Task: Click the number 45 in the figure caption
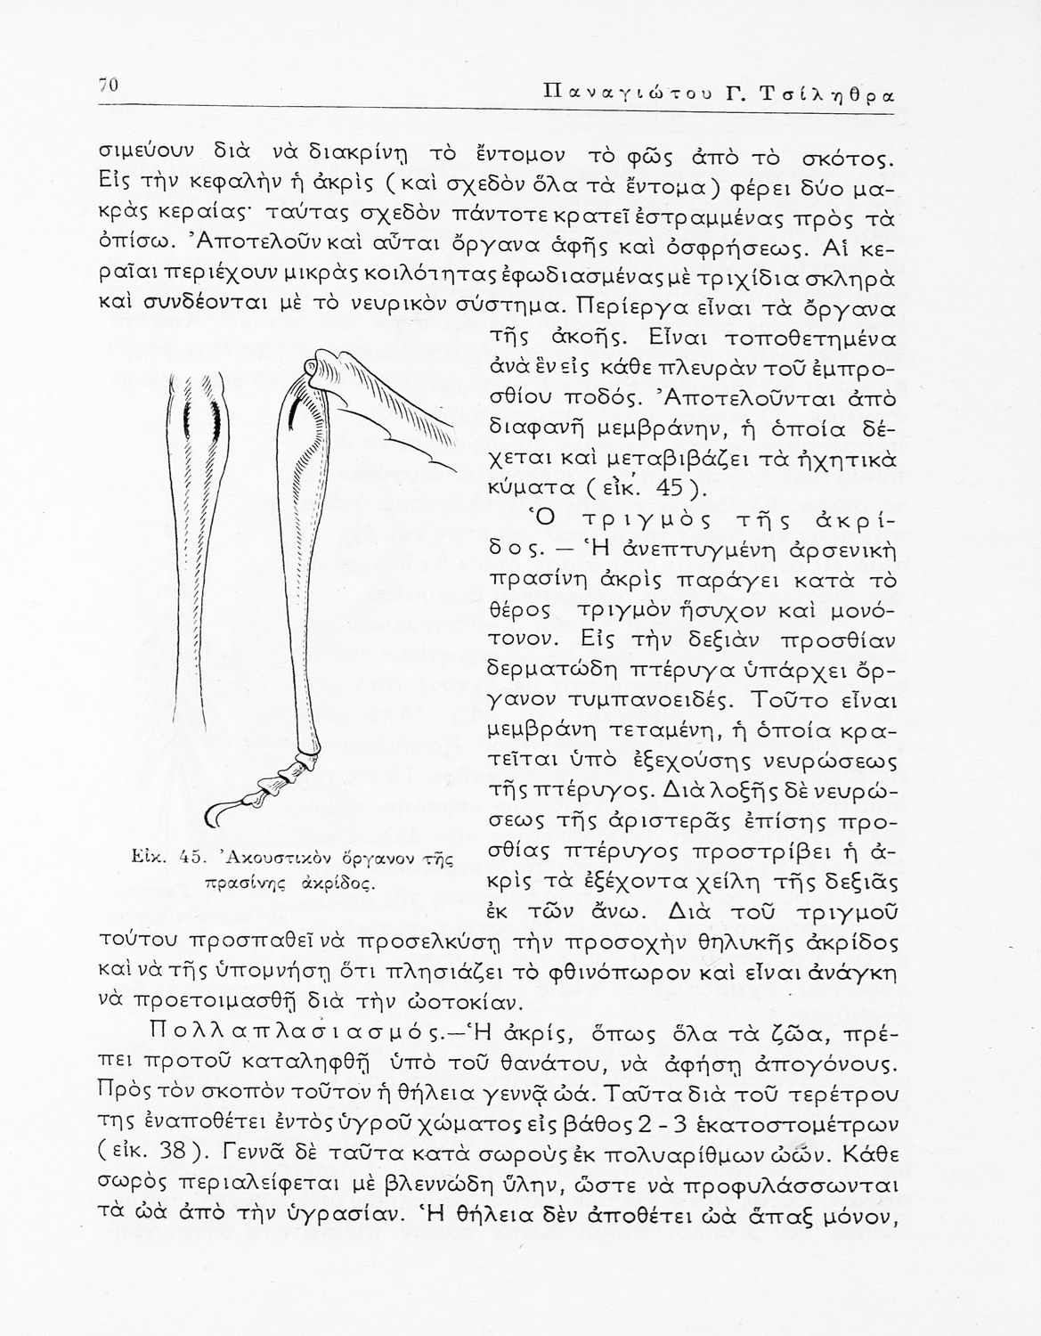click(x=194, y=859)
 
